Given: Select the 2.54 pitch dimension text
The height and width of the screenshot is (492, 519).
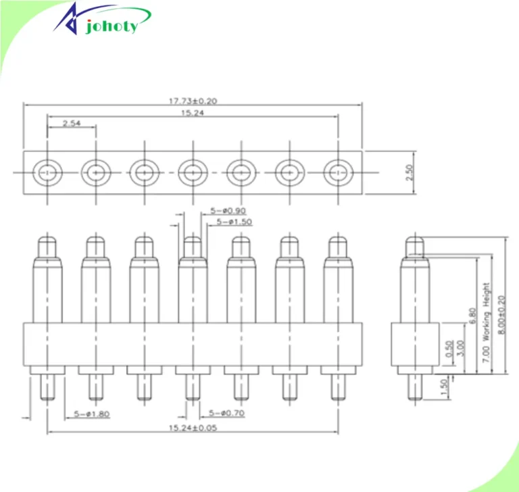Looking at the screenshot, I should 72,123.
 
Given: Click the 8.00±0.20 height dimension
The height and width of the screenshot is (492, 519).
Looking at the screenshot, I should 501,307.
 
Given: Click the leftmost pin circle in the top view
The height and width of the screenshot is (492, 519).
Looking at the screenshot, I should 47,172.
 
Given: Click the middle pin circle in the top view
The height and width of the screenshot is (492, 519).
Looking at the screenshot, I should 193,172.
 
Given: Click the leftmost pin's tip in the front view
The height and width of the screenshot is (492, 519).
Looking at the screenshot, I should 47,243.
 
